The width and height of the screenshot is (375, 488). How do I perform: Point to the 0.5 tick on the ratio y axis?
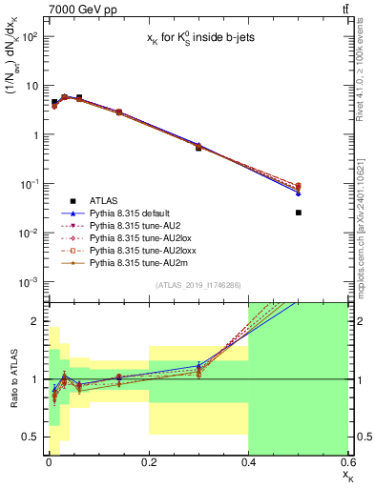(x=31, y=437)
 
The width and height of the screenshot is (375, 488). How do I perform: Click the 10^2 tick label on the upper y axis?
(x=29, y=36)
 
